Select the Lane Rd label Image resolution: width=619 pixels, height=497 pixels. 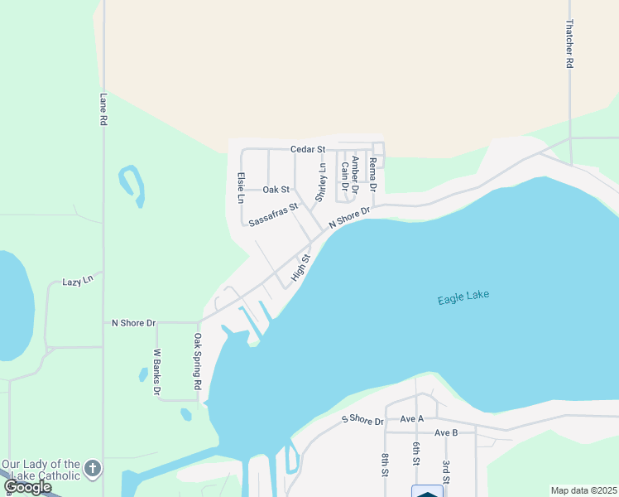tap(103, 109)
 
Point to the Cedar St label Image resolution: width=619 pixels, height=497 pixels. tap(309, 149)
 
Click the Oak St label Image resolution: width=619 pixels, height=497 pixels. tap(276, 190)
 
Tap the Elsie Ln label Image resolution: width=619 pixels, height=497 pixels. tap(241, 187)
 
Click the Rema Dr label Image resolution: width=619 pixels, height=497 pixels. tap(373, 174)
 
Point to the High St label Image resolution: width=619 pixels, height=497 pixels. tap(301, 266)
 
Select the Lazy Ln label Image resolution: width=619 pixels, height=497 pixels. tap(79, 282)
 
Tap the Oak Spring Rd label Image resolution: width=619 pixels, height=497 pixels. tap(198, 362)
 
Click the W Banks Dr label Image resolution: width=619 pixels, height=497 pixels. tap(156, 372)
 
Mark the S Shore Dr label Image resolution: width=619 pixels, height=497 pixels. tap(363, 421)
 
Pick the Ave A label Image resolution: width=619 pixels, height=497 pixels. tap(411, 419)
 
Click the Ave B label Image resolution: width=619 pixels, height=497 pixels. tap(446, 433)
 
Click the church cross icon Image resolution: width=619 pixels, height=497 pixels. tap(93, 470)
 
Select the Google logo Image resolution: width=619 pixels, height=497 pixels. tap(27, 487)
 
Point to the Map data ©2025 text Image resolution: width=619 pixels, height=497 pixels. tap(583, 490)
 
